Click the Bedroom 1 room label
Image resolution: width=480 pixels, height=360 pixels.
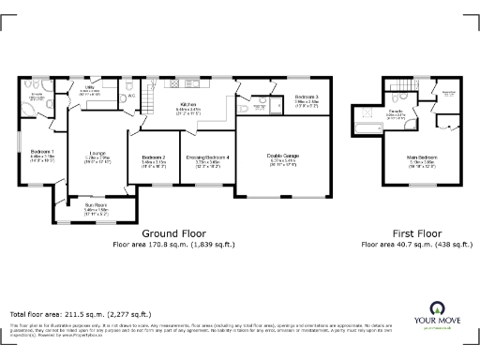point(42,151)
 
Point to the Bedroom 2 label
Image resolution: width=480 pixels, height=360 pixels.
point(153,157)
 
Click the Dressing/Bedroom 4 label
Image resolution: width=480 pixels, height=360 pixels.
point(207,157)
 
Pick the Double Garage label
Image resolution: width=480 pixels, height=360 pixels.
point(282,157)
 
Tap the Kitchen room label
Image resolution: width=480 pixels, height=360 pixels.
point(188,106)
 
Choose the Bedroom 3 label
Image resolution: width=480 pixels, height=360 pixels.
point(307,97)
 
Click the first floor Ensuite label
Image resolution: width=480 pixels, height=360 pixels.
point(397,111)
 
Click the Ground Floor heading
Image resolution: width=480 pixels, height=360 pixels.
point(173,232)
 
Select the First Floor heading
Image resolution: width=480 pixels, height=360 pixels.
point(416,232)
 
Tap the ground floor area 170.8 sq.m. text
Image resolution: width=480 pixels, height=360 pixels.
point(173,244)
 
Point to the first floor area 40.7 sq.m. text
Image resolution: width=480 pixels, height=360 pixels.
point(416,244)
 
